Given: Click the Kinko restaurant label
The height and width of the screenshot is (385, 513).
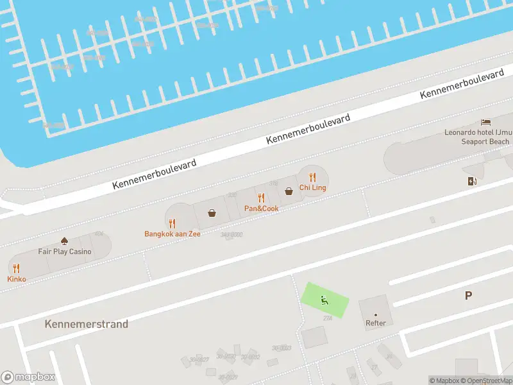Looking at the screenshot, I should point(17,279).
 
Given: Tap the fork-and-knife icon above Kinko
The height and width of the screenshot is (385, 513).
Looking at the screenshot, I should point(17,269).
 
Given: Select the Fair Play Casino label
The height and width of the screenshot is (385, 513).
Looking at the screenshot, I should point(64,252).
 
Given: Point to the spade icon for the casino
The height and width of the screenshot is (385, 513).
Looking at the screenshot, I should point(64,241).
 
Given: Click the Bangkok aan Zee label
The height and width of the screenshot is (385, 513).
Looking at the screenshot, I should point(172,234).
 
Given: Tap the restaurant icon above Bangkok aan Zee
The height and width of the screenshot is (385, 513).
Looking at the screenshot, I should point(172,223).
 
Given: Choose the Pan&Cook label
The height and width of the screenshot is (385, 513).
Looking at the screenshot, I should point(261,209).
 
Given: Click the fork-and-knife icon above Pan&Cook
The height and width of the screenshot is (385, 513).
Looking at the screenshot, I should point(261,198).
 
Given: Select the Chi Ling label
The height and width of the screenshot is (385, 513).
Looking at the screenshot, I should point(312,187).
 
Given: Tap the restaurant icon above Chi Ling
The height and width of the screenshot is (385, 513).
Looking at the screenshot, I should point(312,176).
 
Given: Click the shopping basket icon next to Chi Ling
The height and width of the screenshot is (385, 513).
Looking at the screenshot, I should point(289,191).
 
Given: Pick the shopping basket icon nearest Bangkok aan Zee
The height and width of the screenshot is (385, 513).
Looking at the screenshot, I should point(212,213).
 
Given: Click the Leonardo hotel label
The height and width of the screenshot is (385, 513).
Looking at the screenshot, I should point(477,137).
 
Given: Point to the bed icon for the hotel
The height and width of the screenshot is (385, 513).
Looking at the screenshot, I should point(486,122).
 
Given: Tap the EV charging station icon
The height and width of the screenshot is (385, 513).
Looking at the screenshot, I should point(473,181).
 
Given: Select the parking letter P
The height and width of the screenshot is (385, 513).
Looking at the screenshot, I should point(468,295).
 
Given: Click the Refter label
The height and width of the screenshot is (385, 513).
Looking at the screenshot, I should point(376,323).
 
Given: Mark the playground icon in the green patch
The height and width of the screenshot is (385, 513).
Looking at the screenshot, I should point(324,298).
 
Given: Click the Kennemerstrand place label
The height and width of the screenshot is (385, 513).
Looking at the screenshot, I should point(87,324).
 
